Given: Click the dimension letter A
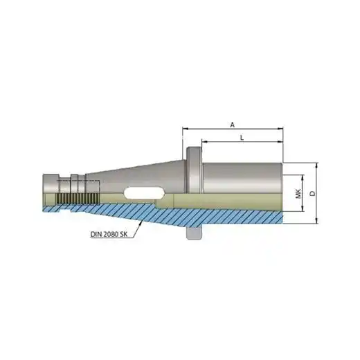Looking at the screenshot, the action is point(233,125).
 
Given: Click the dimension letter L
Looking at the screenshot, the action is point(242,138).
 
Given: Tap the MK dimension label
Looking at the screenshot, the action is point(298,194).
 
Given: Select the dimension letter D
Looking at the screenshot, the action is point(312,193).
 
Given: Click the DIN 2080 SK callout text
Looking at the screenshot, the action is point(109,234).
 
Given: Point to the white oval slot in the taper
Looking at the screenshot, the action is point(144,192).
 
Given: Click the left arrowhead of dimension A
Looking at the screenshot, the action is point(184,129).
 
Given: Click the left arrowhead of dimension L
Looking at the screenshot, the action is point(204,142).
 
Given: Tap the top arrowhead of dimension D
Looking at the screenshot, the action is point(317,165).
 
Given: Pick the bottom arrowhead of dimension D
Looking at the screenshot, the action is point(317,222).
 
